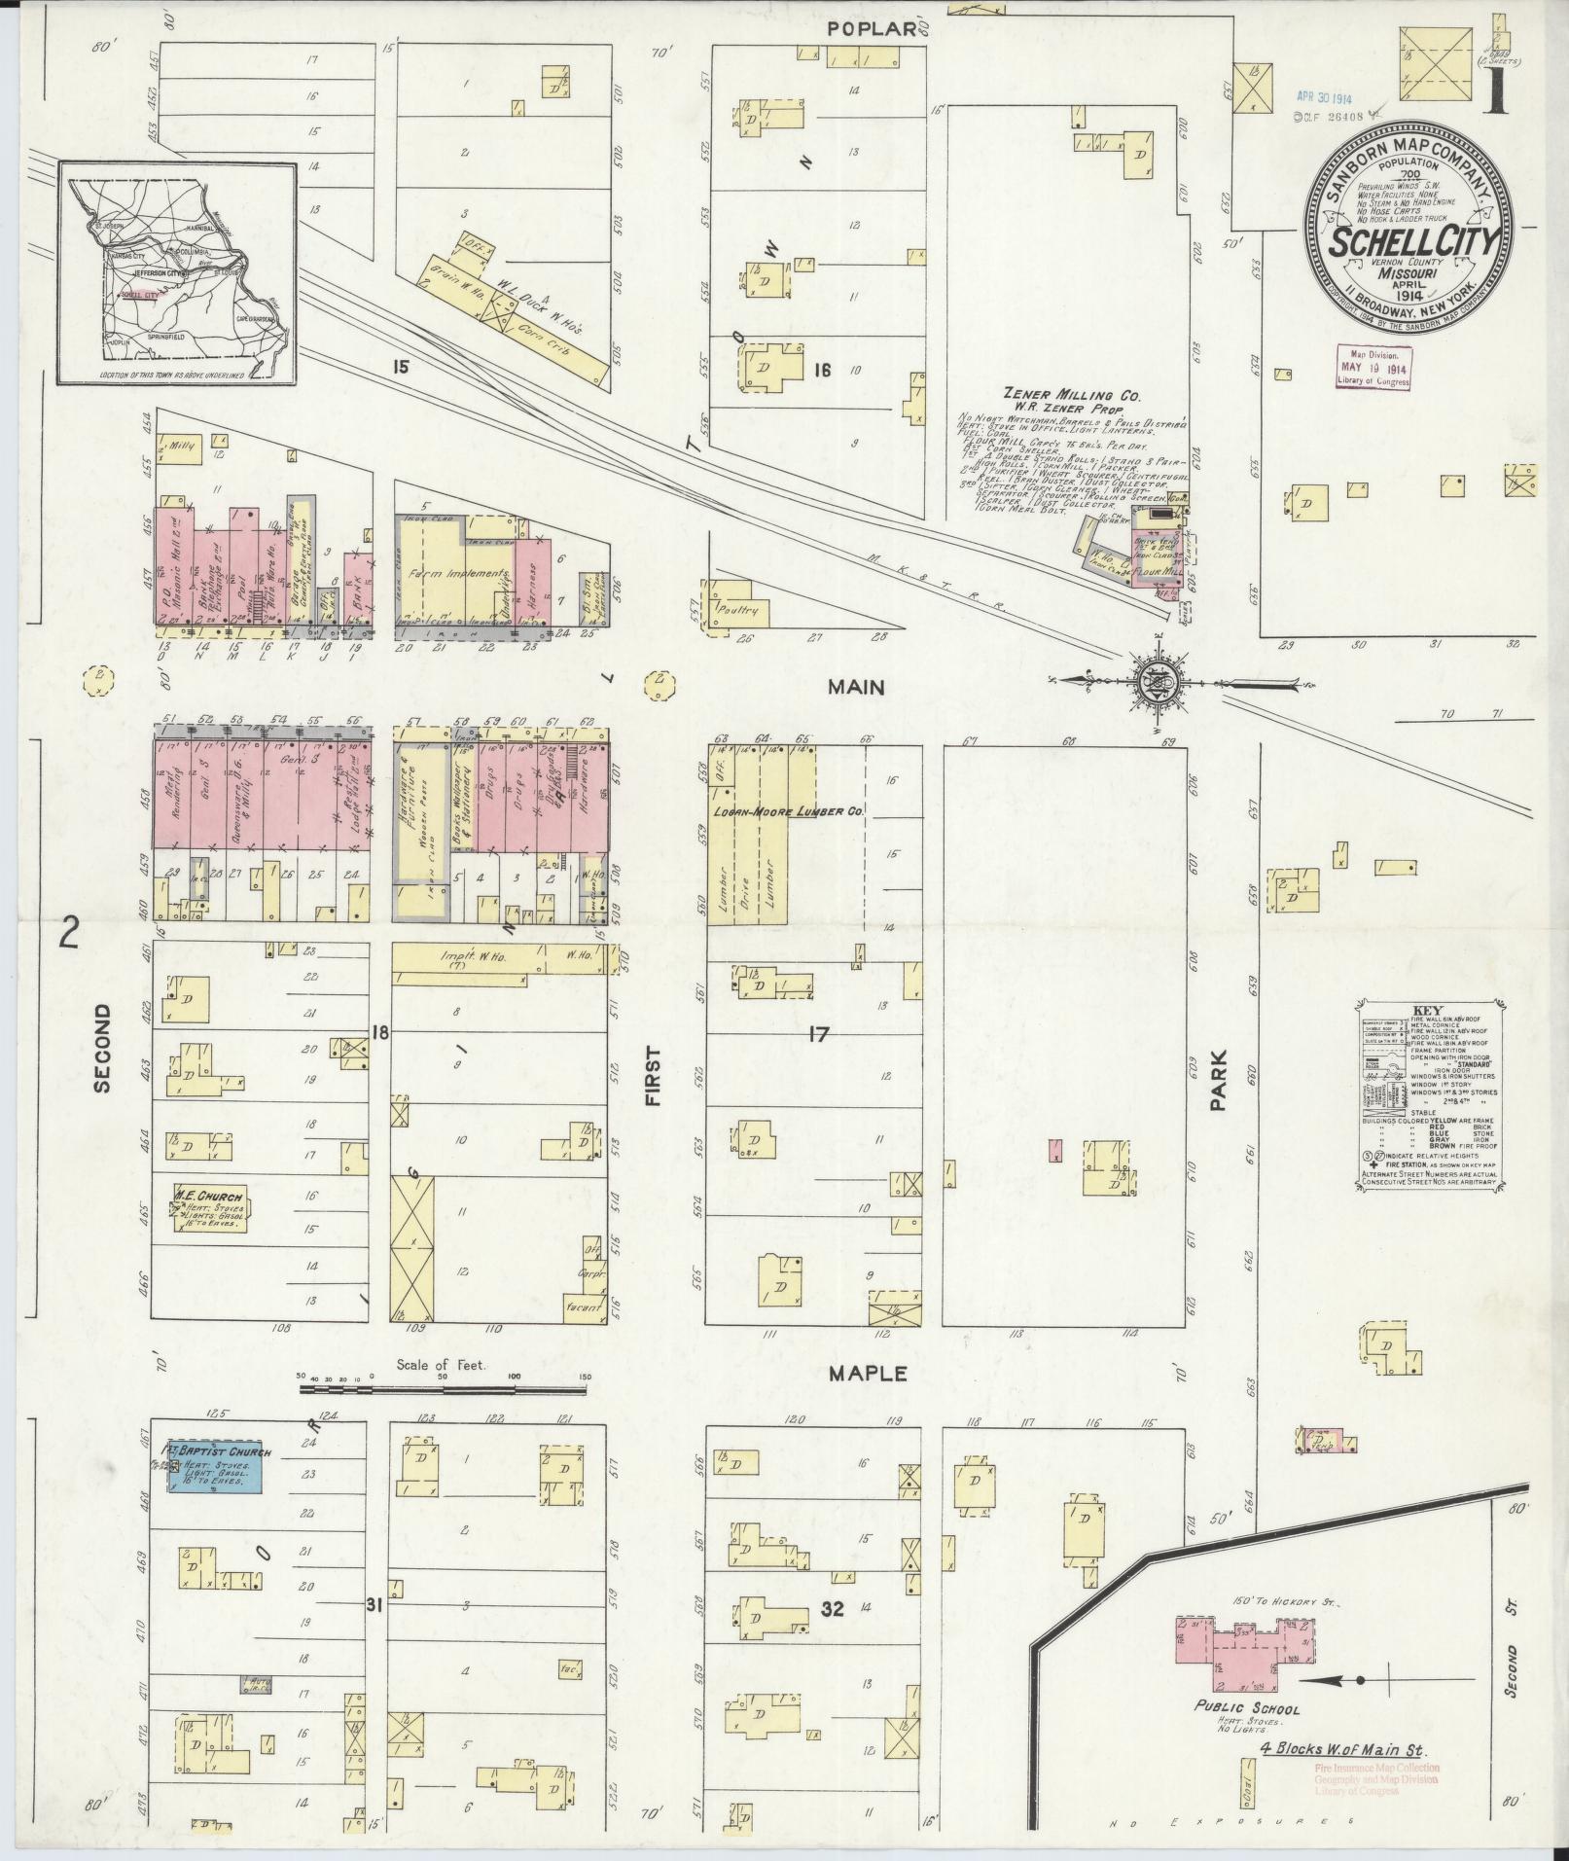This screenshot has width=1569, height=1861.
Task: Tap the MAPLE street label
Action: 868,1374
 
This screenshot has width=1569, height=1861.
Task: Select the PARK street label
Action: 1220,1081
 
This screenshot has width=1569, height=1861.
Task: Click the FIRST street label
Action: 653,1077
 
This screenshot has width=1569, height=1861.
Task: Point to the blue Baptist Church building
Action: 214,1468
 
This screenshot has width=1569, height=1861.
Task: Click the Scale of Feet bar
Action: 444,1378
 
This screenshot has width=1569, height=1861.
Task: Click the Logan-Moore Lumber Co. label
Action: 788,809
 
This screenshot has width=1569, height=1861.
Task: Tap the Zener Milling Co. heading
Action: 1071,396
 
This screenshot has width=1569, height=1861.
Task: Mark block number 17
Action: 818,1035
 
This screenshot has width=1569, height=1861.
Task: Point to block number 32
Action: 832,1609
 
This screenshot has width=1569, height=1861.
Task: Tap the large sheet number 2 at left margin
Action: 67,933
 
